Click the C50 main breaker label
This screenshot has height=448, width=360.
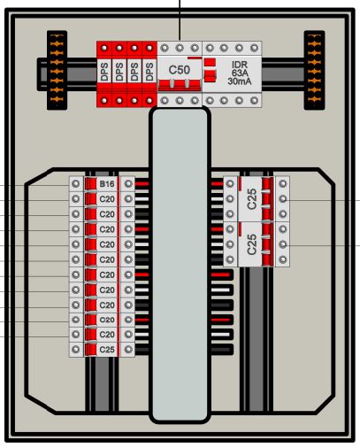180,70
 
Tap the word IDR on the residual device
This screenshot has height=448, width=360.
240,65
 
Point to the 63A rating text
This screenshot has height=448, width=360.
240,73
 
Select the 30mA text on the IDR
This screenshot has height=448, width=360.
240,81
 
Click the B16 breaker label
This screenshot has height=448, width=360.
107,184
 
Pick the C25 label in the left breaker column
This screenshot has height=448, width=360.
107,350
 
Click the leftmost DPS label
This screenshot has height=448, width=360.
104,72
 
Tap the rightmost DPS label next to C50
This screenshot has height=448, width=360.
149,72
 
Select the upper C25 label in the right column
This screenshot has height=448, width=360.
251,199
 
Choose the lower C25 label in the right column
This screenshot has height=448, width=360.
251,244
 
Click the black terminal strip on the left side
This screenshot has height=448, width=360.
57,70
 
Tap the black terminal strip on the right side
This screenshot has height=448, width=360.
314,70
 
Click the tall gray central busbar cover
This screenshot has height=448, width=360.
180,265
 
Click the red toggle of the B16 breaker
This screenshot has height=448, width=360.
91,184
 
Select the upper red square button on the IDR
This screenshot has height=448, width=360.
210,63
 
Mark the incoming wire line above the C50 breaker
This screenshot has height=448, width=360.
180,20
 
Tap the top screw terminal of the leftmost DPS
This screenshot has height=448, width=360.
104,48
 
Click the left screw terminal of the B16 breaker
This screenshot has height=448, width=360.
76,184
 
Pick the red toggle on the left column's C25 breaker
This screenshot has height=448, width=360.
91,350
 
